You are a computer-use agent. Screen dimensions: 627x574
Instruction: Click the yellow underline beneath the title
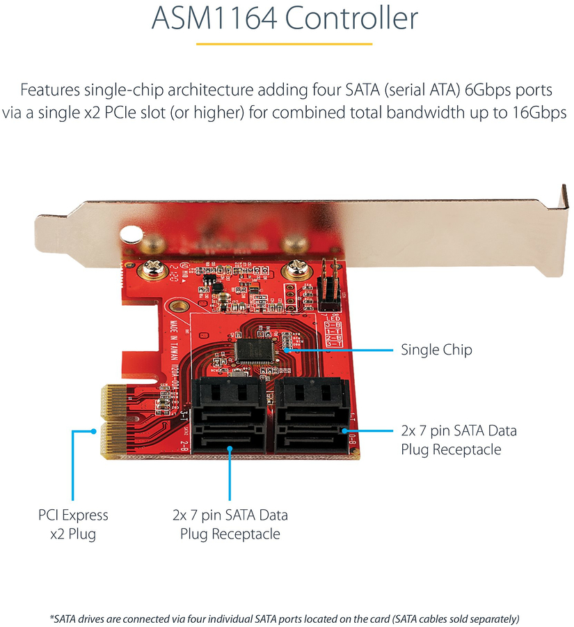(286, 44)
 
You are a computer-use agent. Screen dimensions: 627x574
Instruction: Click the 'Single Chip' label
(436, 349)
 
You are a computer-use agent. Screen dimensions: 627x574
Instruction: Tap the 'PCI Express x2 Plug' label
(73, 525)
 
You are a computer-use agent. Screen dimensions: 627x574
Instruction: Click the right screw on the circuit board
(294, 267)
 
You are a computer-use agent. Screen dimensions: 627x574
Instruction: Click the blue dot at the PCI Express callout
(94, 431)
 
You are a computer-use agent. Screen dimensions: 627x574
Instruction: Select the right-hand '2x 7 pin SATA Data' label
(459, 431)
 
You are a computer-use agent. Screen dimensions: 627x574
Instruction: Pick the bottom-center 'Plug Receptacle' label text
(230, 534)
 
